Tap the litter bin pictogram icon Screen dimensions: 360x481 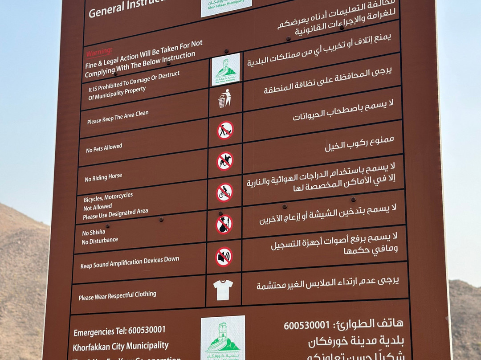tap(225, 98)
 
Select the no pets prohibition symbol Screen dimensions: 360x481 tap(225, 130)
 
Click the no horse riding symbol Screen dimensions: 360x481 tap(225, 161)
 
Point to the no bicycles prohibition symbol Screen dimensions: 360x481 tap(224, 192)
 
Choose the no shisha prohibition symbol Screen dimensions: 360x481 tap(224, 225)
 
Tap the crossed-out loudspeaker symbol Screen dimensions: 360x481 tap(224, 257)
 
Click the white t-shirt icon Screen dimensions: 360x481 tap(223, 290)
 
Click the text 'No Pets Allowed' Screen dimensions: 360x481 tap(104, 148)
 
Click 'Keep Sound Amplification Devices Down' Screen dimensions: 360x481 tap(130, 262)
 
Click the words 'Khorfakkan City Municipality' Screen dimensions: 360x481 tap(121, 346)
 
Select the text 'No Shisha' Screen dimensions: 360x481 tap(94, 232)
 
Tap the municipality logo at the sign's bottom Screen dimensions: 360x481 tap(223, 338)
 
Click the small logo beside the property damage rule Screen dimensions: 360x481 tap(226, 69)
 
